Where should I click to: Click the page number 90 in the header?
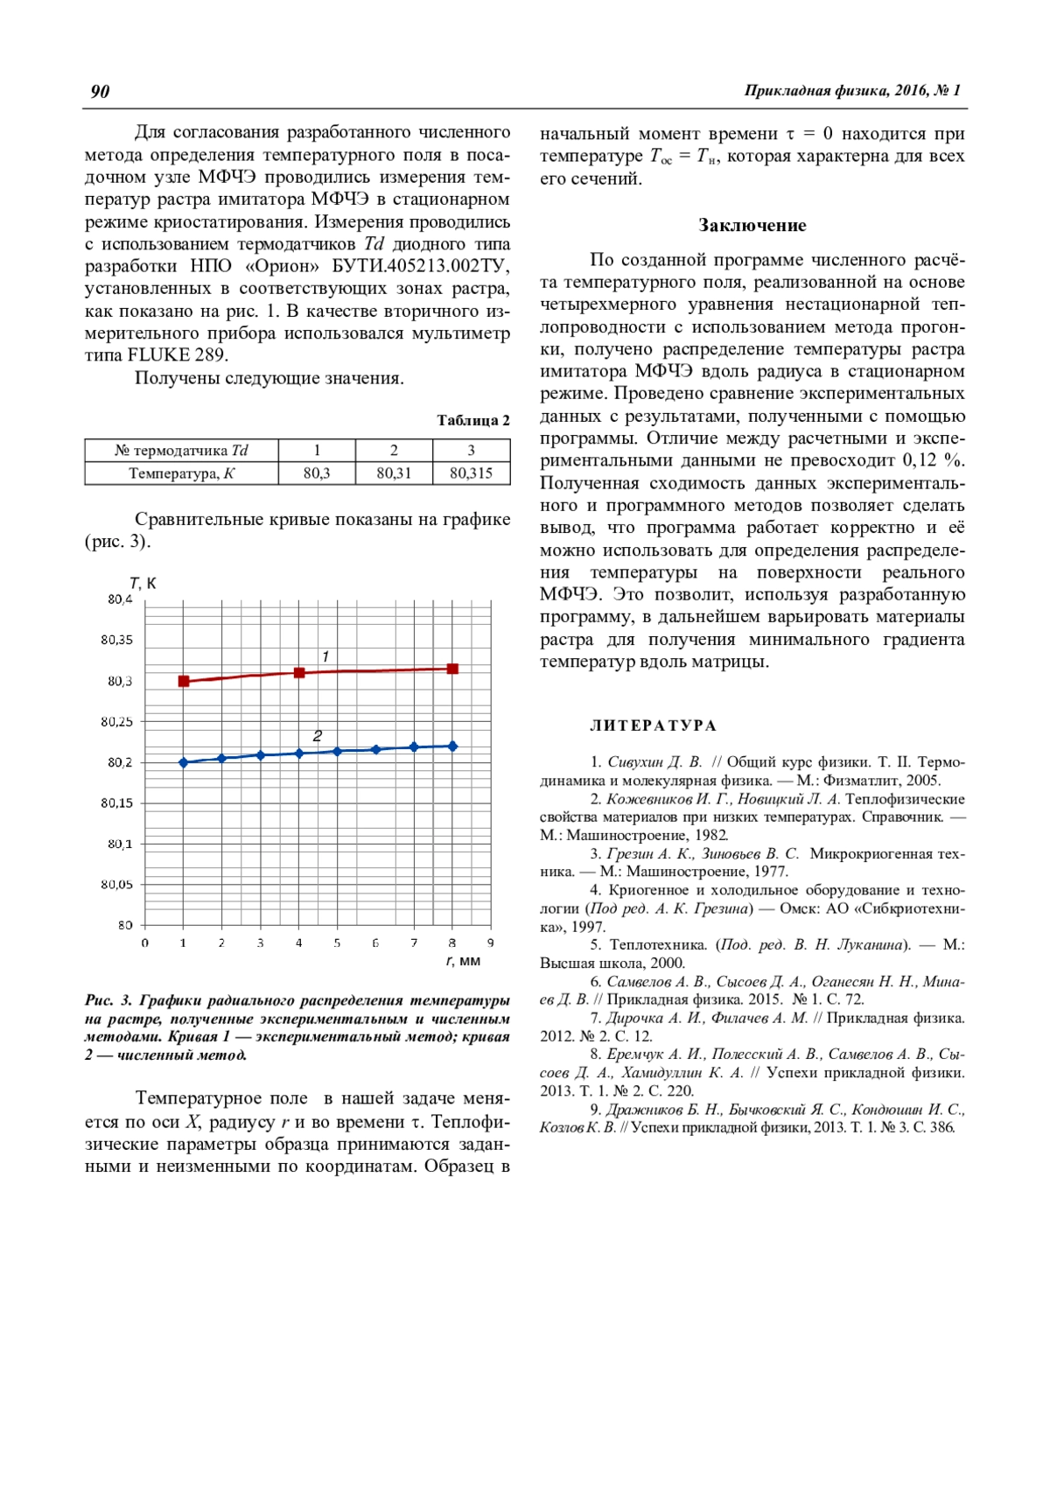point(100,91)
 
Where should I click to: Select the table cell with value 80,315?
point(471,473)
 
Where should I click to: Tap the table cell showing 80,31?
point(394,473)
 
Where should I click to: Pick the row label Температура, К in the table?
point(181,473)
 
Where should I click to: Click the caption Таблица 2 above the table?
point(473,420)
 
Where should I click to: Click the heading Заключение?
point(752,225)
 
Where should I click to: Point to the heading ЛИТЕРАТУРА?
point(653,725)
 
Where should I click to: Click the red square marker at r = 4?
point(299,673)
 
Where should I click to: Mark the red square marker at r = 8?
point(452,669)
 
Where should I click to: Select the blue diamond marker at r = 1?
point(184,762)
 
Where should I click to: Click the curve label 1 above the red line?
point(325,656)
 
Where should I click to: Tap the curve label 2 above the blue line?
point(318,736)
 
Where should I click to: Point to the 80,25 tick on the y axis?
point(117,722)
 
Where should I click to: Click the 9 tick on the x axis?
point(491,943)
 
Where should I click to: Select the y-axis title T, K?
point(143,583)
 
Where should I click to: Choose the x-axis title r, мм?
point(464,961)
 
